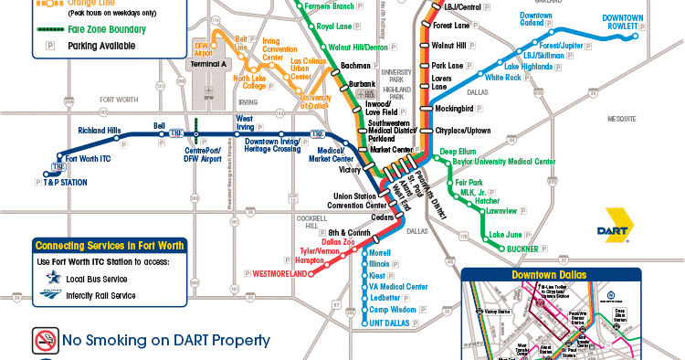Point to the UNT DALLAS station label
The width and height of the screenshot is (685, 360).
click(387, 323)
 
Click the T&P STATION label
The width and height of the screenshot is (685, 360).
click(65, 183)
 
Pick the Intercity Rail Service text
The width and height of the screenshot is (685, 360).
click(99, 295)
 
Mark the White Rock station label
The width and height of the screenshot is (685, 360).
click(502, 78)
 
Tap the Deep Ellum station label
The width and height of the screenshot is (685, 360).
click(458, 151)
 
